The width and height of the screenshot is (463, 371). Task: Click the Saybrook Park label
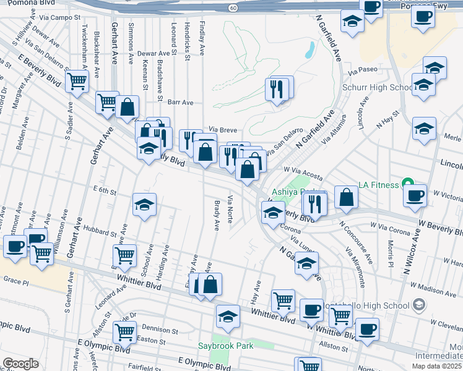click(x=225, y=346)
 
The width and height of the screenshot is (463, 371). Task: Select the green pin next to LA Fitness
click(x=407, y=184)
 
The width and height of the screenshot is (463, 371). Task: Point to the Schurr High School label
click(x=378, y=88)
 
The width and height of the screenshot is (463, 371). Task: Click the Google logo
click(x=20, y=364)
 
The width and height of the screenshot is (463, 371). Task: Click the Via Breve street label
click(x=223, y=130)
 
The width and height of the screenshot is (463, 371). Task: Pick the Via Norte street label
click(x=230, y=210)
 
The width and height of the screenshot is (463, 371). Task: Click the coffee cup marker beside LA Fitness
click(x=415, y=195)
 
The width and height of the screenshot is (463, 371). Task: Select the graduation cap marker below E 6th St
click(x=144, y=204)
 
